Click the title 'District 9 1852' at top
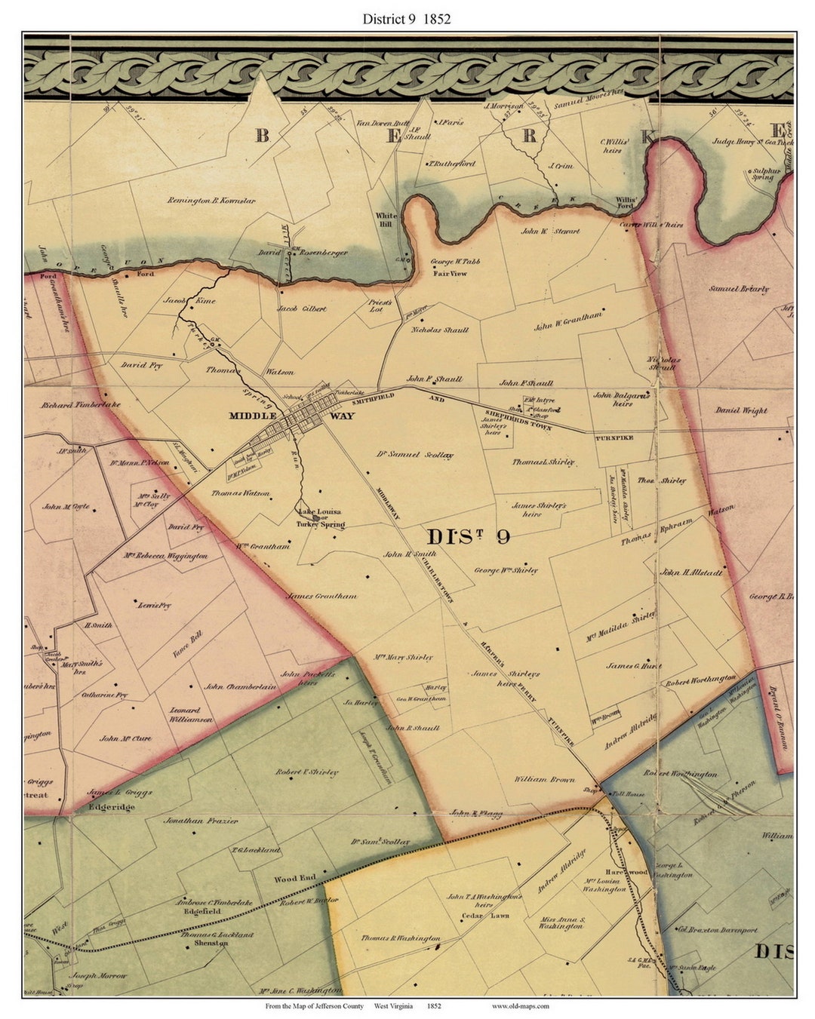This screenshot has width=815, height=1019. (407, 19)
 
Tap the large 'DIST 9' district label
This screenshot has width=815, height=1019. (468, 537)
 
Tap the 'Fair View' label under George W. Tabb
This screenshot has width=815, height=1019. (450, 273)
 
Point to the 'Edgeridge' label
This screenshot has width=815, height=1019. (112, 807)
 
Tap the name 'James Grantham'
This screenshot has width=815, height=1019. (321, 596)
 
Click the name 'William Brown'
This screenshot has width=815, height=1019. (545, 779)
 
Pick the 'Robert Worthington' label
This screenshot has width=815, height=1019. (700, 680)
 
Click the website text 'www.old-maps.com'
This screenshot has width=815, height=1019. (521, 1006)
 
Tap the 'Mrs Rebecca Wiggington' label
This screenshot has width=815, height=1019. (166, 556)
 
